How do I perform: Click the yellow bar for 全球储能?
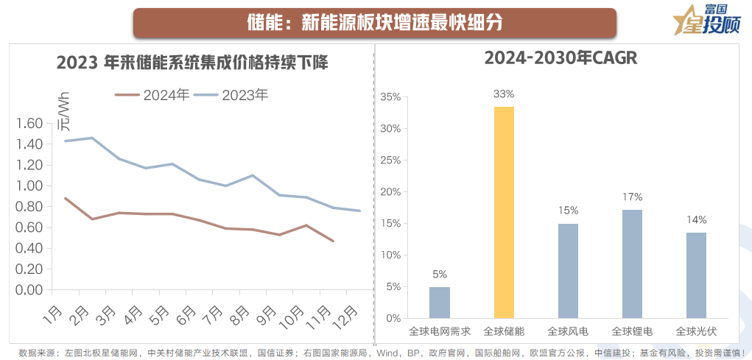(x=504, y=212)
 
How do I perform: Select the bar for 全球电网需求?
(x=440, y=303)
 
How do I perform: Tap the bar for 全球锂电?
(x=632, y=264)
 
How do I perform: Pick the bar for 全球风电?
(x=568, y=270)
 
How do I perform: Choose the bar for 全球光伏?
(x=696, y=275)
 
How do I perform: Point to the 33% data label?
(x=504, y=94)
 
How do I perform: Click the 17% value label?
(x=632, y=197)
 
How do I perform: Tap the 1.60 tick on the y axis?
(x=29, y=124)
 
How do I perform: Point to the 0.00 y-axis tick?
(x=29, y=289)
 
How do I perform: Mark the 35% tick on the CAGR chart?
(x=390, y=97)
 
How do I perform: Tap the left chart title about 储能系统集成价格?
(x=192, y=63)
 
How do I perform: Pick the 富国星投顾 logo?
(x=705, y=20)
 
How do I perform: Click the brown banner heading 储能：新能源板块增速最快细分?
(x=374, y=22)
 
